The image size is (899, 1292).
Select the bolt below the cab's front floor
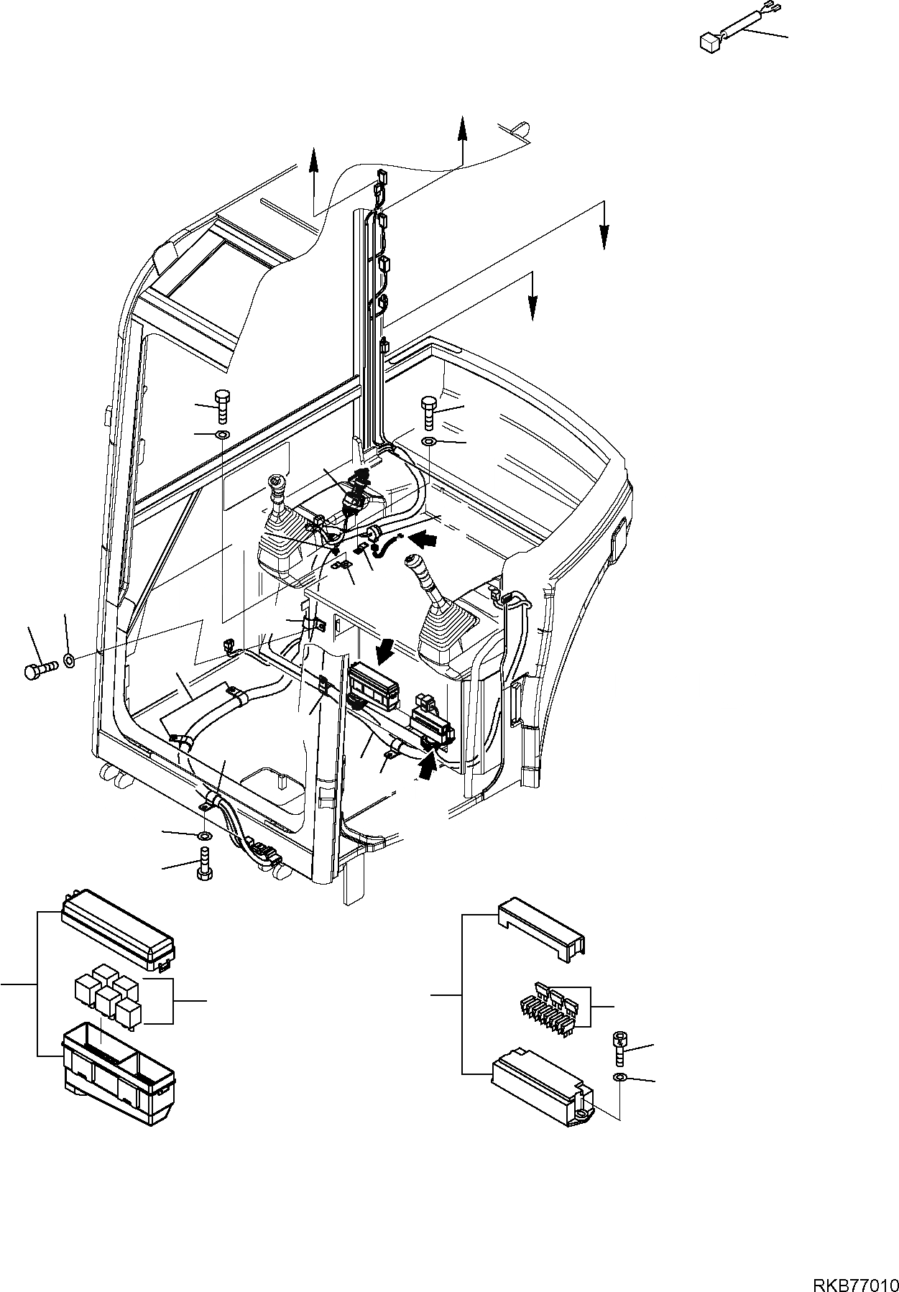point(203,862)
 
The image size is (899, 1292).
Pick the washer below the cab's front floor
point(204,835)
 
